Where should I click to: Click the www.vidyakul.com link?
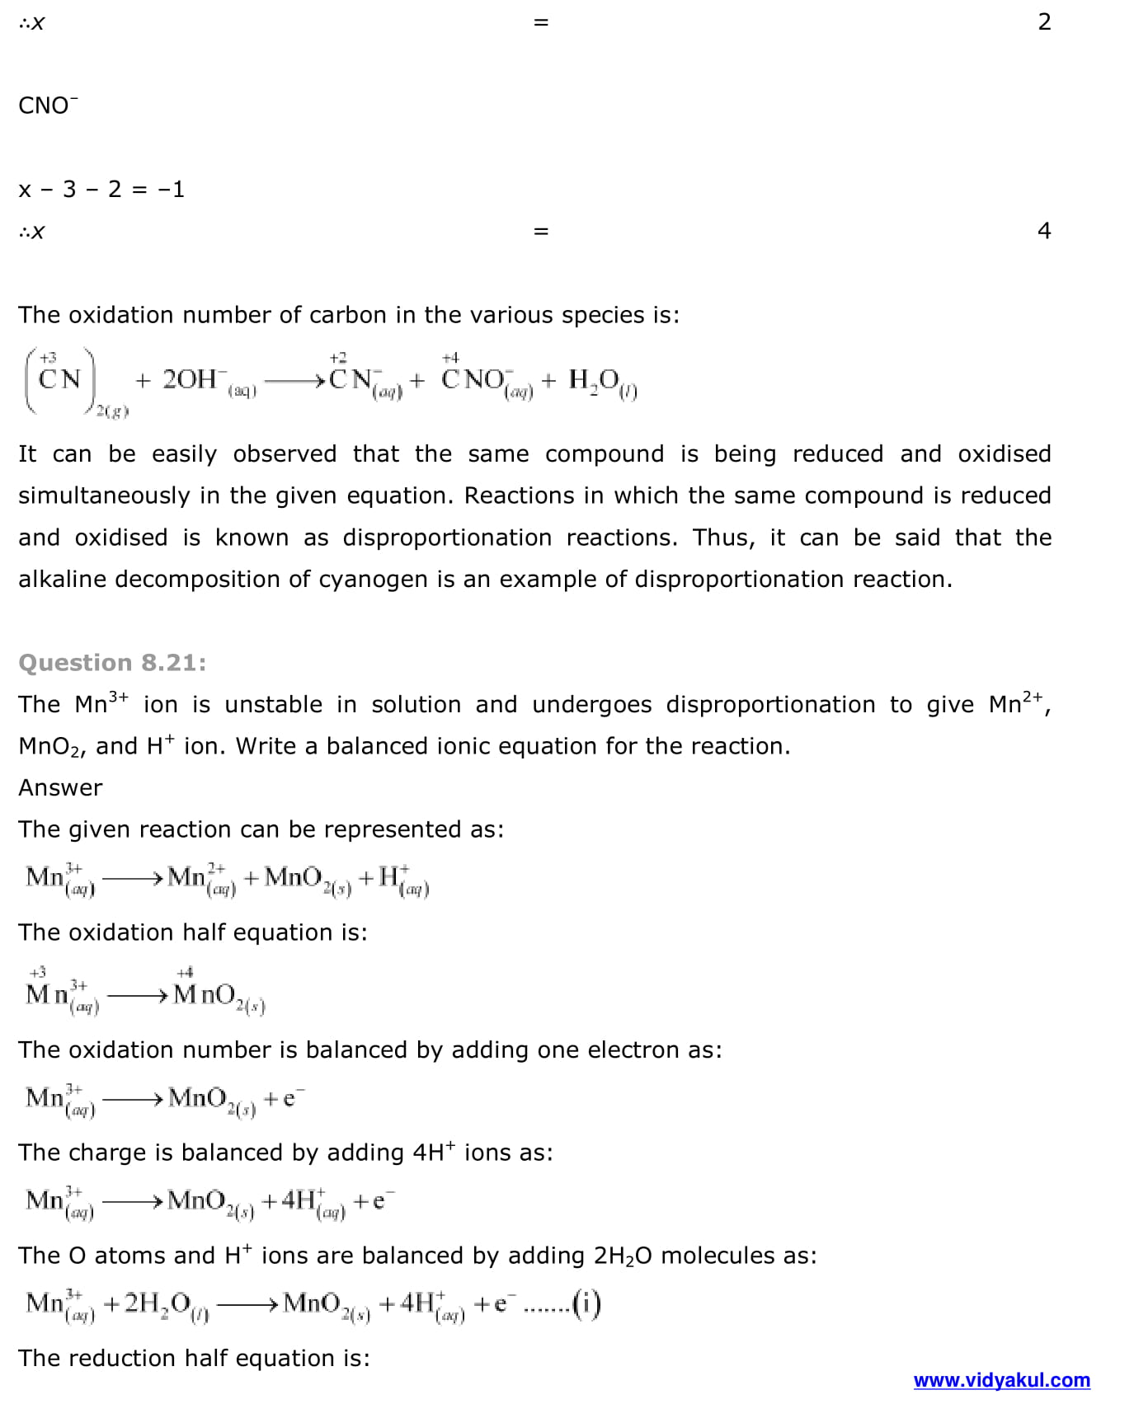1001,1380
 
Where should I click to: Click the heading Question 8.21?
112,663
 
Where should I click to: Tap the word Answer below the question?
60,787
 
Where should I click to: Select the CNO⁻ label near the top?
48,106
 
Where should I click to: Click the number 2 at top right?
1044,22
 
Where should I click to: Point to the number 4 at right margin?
1044,231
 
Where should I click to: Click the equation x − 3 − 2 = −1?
101,190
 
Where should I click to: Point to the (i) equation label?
586,1303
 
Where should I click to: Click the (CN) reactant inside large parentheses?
60,379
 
